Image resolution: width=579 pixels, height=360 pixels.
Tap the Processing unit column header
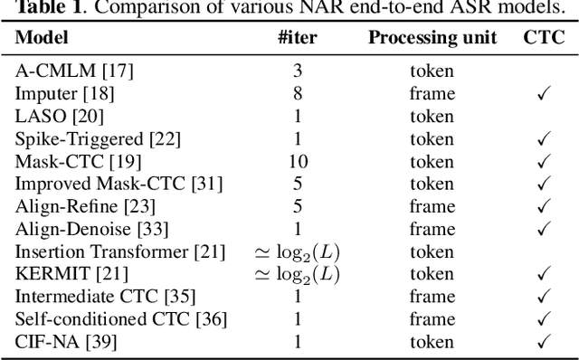(x=432, y=39)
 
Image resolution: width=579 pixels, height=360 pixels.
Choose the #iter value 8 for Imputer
(x=297, y=93)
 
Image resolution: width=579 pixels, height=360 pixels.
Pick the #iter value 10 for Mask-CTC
(x=297, y=161)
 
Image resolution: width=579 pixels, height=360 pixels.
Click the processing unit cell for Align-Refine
(x=432, y=206)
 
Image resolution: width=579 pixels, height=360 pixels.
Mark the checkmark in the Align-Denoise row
(x=544, y=229)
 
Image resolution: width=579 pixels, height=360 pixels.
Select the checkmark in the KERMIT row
(x=544, y=274)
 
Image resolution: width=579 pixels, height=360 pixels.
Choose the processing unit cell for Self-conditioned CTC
(x=432, y=319)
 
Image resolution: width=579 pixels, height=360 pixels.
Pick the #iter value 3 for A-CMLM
(x=297, y=71)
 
